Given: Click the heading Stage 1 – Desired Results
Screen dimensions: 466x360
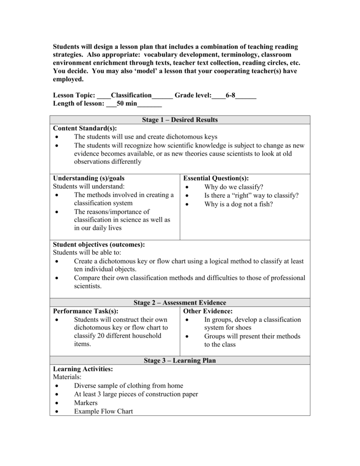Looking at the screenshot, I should (180, 120).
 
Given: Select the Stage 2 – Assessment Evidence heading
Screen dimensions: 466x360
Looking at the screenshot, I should (180, 303).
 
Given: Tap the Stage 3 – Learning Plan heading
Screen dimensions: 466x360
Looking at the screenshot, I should (180, 360).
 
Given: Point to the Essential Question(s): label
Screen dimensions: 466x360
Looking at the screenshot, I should (216, 178).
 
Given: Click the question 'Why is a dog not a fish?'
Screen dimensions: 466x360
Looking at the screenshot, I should (238, 204).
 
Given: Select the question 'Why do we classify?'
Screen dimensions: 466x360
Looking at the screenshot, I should (234, 187).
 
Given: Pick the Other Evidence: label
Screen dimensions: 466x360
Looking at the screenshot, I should (208, 311).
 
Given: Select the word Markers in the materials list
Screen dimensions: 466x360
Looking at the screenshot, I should (86, 403).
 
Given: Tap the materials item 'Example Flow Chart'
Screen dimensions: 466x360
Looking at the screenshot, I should (103, 411).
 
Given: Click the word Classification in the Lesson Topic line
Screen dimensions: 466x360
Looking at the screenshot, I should (131, 95).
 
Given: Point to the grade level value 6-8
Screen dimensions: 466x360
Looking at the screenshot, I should (230, 95).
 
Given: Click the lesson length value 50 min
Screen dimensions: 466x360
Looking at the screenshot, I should (127, 104).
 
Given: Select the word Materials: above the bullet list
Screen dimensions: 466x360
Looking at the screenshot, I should (66, 377).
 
